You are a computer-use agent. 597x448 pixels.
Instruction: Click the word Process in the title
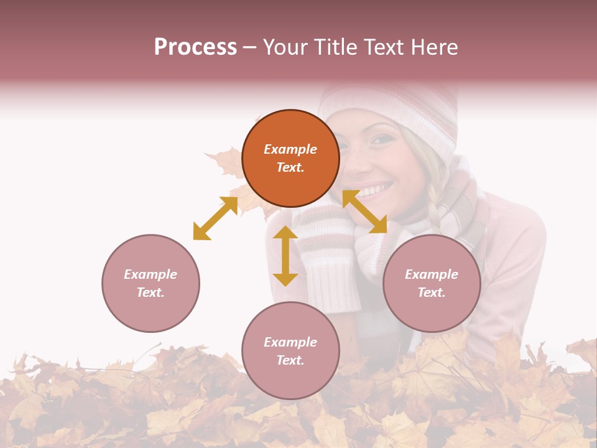click(195, 47)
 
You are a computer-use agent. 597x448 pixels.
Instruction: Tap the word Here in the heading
click(433, 47)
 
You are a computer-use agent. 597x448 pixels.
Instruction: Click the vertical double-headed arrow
click(285, 256)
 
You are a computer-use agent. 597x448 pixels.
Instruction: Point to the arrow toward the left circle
click(215, 218)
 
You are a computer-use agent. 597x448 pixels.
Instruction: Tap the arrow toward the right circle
click(364, 212)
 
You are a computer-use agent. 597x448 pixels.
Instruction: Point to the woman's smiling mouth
click(374, 189)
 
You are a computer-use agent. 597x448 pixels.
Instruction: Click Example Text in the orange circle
click(290, 158)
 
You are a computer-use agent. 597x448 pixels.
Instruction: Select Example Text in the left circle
click(150, 283)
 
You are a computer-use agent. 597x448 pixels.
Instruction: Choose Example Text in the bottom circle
click(290, 351)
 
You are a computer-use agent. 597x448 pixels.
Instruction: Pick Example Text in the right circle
click(432, 283)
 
